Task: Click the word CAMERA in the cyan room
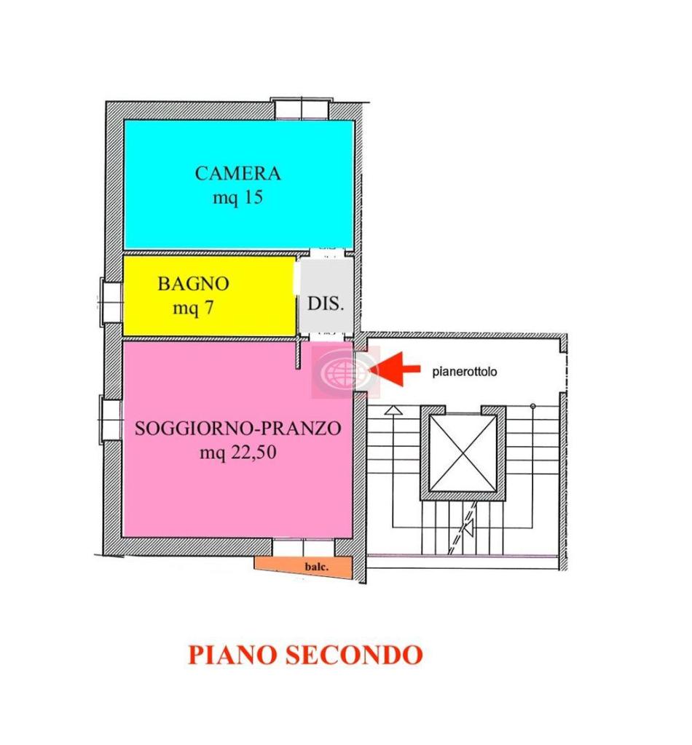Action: point(237,173)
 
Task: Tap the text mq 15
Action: point(237,197)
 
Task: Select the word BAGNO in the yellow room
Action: point(193,284)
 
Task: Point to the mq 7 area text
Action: point(193,308)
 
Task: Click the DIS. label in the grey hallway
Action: point(326,303)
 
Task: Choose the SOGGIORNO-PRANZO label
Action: point(237,429)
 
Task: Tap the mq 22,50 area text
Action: point(237,453)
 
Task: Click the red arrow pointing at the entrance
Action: point(400,369)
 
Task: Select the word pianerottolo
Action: point(465,371)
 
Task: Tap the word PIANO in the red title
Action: point(231,654)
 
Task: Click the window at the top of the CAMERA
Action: point(300,108)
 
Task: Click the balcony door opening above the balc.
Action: point(302,546)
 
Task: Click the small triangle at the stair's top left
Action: point(393,410)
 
